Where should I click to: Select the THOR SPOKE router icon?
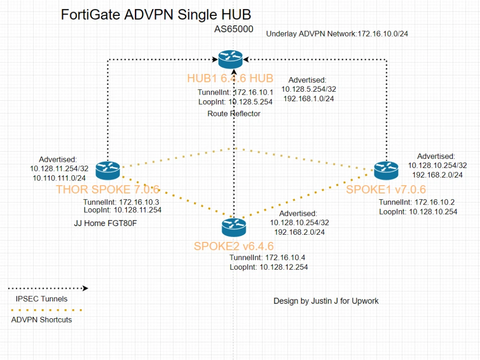pos(108,169)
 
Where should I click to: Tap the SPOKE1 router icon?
pos(386,168)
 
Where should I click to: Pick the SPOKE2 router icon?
pos(234,226)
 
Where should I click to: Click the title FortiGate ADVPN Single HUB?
pos(156,14)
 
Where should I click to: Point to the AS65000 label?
pos(233,29)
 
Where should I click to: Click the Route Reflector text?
pos(234,114)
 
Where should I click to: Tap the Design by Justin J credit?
pos(326,301)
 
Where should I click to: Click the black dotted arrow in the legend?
pos(48,288)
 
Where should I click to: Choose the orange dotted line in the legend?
pos(46,310)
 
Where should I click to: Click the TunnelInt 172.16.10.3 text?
pos(121,202)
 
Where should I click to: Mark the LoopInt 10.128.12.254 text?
pos(268,267)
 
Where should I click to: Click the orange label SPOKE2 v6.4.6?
pos(234,247)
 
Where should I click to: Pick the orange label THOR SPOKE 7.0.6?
pos(108,189)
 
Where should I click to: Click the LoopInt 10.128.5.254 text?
pos(235,102)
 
